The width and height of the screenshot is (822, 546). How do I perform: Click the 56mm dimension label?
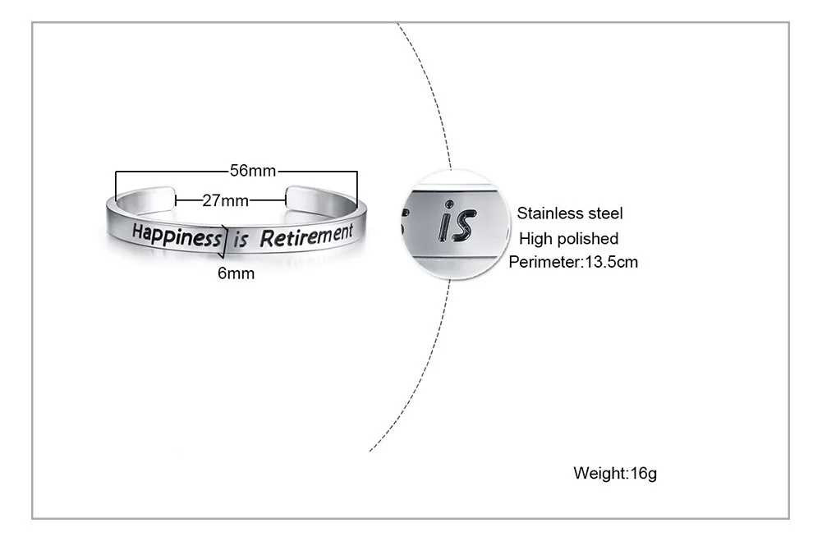coord(253,171)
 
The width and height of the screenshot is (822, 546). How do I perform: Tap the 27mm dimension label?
coord(225,200)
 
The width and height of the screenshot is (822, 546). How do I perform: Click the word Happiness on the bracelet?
coord(177,236)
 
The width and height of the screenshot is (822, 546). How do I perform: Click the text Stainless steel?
coord(570,214)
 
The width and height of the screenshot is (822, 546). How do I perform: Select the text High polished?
coord(569,239)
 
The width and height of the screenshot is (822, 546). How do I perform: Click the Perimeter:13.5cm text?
coord(573,263)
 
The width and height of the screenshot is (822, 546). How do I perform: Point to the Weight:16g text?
coord(615,474)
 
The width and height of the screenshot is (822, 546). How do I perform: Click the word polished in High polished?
coord(587,239)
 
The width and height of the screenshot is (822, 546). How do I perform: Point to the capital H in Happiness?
coord(138,232)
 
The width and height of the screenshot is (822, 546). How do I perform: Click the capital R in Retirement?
coord(265,240)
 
